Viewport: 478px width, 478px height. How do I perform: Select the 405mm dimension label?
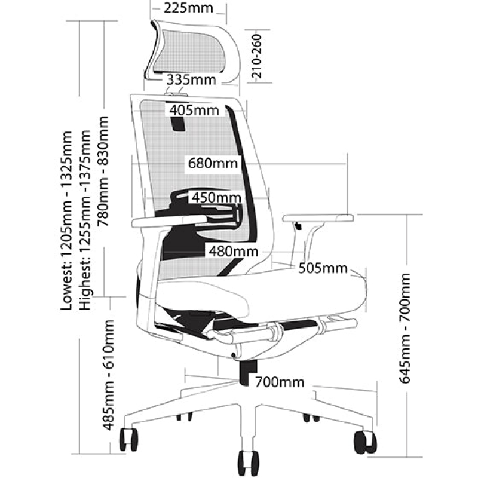pyautogui.click(x=193, y=110)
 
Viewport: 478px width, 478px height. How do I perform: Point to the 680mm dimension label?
pyautogui.click(x=212, y=163)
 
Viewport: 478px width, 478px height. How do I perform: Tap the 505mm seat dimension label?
pyautogui.click(x=324, y=268)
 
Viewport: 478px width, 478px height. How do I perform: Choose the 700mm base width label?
pyautogui.click(x=280, y=382)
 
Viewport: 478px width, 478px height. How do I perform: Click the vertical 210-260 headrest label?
pyautogui.click(x=257, y=57)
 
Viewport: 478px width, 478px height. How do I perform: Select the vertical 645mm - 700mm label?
pyautogui.click(x=406, y=328)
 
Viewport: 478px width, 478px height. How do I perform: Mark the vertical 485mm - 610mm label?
pyautogui.click(x=108, y=375)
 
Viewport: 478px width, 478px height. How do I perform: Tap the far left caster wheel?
pyautogui.click(x=129, y=440)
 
